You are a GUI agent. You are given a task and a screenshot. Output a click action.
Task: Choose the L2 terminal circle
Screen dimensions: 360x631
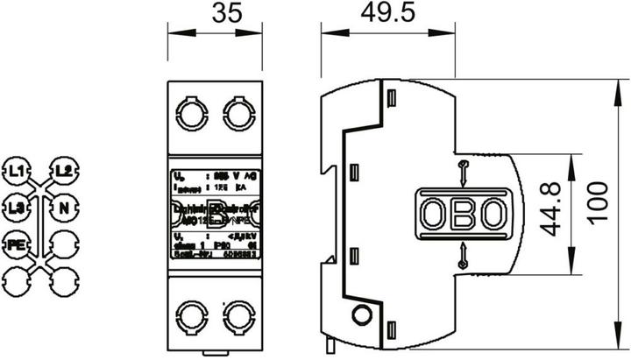pyautogui.click(x=62, y=168)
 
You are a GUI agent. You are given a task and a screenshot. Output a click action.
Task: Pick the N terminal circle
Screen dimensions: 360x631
pyautogui.click(x=62, y=208)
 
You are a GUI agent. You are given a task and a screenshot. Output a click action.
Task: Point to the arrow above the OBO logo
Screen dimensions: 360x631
pyautogui.click(x=463, y=171)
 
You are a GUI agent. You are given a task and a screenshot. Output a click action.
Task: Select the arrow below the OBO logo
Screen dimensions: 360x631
pyautogui.click(x=463, y=255)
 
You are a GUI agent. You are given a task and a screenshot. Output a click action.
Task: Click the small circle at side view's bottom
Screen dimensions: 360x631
pyautogui.click(x=358, y=315)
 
